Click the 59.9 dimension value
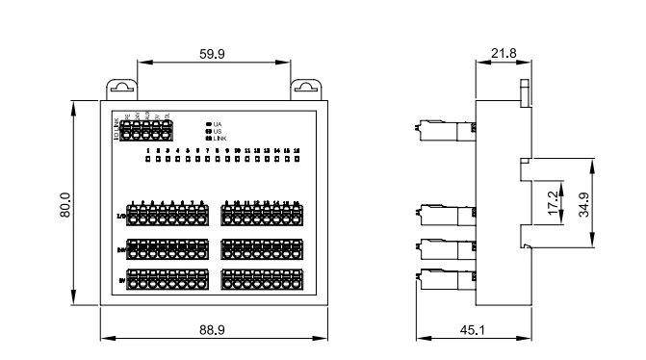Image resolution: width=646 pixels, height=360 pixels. [x=212, y=55]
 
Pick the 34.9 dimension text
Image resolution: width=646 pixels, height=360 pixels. [x=582, y=203]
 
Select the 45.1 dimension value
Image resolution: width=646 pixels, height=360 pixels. [x=471, y=329]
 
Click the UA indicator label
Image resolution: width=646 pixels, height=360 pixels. [x=219, y=124]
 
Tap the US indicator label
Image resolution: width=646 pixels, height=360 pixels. [x=219, y=132]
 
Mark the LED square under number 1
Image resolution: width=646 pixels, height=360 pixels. [x=147, y=160]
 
